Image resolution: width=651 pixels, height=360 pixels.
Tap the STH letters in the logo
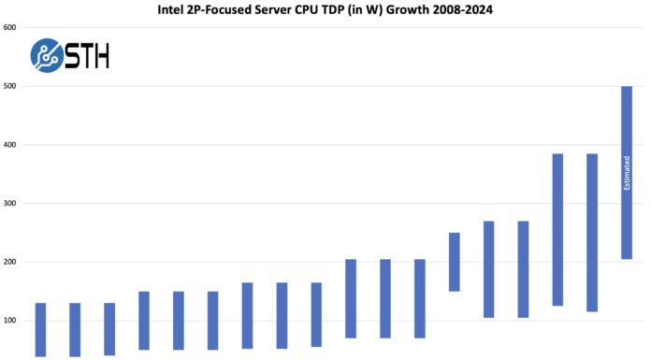pyautogui.click(x=88, y=56)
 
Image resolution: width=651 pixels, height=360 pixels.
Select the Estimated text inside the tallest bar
pyautogui.click(x=627, y=173)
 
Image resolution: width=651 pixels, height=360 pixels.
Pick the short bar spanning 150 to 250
pyautogui.click(x=454, y=262)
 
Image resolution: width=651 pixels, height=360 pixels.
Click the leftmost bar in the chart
pyautogui.click(x=40, y=329)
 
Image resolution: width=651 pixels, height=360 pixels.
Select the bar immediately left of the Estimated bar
pyautogui.click(x=592, y=232)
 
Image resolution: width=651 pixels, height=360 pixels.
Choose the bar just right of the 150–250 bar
pyautogui.click(x=488, y=269)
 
